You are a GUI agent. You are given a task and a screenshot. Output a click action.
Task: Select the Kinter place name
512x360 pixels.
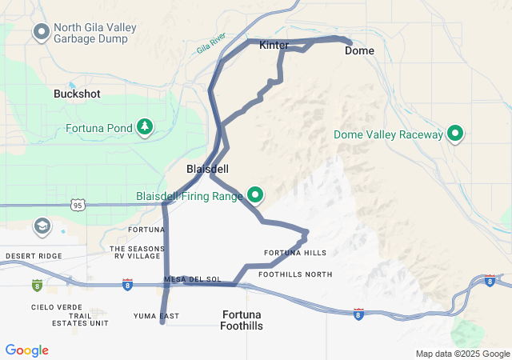click(274, 46)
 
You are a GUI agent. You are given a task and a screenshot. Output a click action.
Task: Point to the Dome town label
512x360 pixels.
click(359, 50)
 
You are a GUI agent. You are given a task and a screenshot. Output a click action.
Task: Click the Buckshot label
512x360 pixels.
click(77, 94)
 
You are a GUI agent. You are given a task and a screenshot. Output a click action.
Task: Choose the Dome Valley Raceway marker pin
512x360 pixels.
click(456, 134)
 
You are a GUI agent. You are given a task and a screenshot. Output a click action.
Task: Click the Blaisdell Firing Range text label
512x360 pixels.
click(189, 195)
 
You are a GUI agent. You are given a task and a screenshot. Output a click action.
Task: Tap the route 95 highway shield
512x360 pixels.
click(77, 206)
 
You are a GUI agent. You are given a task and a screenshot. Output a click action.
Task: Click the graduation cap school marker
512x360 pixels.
click(41, 227)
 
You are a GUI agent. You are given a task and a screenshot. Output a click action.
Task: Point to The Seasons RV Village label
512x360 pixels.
click(135, 252)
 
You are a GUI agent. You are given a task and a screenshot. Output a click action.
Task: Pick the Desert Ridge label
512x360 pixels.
click(33, 256)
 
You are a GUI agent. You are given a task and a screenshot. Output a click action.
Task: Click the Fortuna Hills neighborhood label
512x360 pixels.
click(295, 253)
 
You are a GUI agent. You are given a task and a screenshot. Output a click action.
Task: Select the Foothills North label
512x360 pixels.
click(295, 274)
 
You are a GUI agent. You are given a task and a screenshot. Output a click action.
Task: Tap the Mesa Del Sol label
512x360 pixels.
click(192, 279)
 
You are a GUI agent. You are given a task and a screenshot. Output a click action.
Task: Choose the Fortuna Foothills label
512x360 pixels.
click(241, 320)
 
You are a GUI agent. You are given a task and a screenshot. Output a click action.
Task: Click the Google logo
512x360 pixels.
click(27, 350)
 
